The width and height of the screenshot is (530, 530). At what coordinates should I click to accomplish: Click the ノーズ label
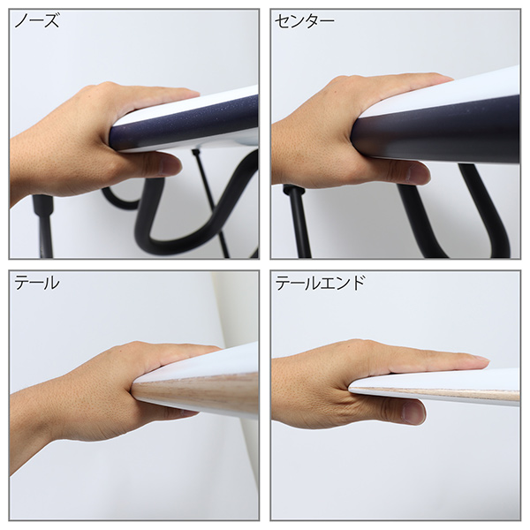point(37,21)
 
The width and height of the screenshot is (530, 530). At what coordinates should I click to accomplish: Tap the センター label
point(304,21)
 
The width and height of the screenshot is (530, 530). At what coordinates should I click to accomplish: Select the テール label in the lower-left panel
point(37,284)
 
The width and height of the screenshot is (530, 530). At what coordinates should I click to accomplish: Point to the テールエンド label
point(320,284)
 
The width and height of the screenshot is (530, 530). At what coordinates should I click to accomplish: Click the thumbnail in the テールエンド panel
point(414,412)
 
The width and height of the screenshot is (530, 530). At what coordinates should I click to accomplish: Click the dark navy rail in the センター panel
point(436,130)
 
